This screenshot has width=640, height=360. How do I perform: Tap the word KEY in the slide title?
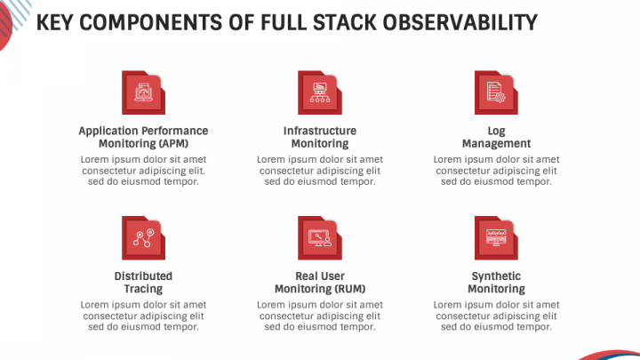coord(56,21)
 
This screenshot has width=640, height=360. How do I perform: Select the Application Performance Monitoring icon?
coord(143,93)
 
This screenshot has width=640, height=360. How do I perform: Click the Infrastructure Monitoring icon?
coord(319,93)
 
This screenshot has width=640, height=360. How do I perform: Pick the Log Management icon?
coord(496,93)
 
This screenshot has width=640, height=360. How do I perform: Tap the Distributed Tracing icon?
coord(143,238)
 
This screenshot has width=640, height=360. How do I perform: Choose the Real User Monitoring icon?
coord(319,238)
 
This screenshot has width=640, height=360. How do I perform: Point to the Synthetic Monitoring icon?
coord(496,238)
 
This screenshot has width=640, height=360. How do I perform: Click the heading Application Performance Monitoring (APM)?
coord(143,137)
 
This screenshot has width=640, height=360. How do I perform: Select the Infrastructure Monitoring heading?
coord(319,137)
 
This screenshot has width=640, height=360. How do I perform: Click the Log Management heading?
coord(496,137)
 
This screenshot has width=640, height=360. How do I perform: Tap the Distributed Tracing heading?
coord(143,283)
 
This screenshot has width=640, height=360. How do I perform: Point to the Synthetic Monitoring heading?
coord(496,283)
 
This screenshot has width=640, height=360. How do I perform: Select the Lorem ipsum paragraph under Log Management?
coord(496,171)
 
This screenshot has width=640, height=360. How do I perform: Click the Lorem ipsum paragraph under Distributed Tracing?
coord(143,316)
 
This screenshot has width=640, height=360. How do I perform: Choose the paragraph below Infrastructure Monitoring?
coord(319,171)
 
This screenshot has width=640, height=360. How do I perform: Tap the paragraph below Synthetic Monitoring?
coord(496,316)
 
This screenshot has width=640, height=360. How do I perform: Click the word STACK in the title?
coord(347,21)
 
